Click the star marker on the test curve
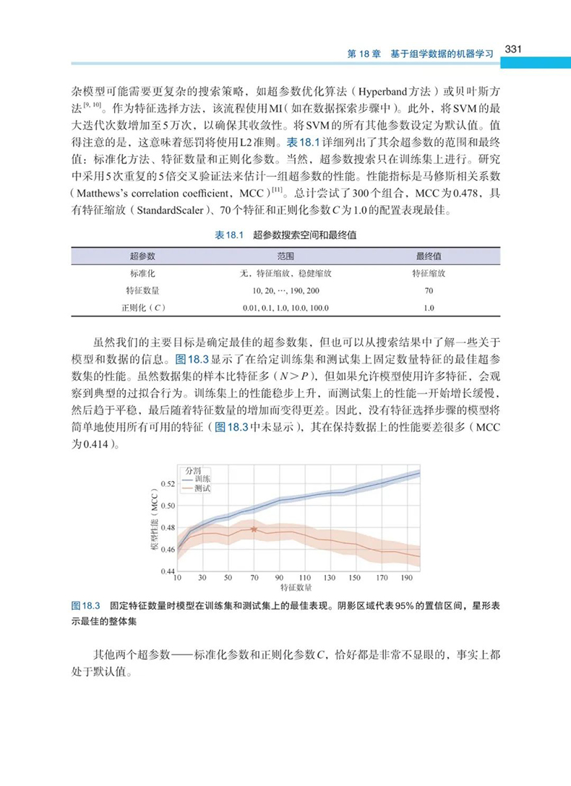coord(254,530)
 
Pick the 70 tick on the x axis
coord(254,579)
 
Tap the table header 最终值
coord(429,256)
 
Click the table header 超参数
coord(142,256)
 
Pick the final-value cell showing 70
coord(429,290)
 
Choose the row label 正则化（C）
coord(142,308)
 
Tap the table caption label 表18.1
coord(230,236)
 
